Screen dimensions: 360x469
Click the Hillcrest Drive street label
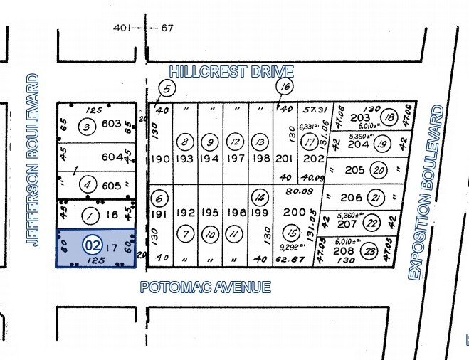(231, 71)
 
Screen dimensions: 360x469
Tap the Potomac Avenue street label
(205, 287)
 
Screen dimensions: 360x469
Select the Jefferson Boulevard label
(32, 159)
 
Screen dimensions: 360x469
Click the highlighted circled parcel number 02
(92, 245)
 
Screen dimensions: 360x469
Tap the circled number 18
(388, 118)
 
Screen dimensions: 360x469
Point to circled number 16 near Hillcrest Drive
(285, 87)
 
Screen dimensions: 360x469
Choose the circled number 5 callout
(166, 89)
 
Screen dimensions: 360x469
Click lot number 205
(354, 170)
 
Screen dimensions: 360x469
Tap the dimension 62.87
(289, 260)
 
